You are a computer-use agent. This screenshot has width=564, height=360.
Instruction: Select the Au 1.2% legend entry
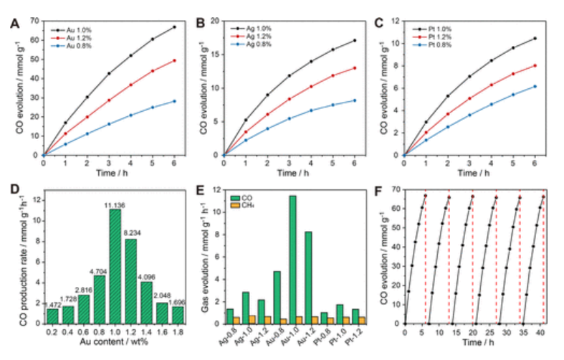pyautogui.click(x=77, y=37)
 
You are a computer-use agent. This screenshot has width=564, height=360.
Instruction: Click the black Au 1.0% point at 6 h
pyautogui.click(x=174, y=27)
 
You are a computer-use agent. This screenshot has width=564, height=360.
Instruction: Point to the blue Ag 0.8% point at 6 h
pyautogui.click(x=354, y=100)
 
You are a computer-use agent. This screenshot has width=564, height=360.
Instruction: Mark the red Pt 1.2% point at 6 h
pyautogui.click(x=534, y=65)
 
